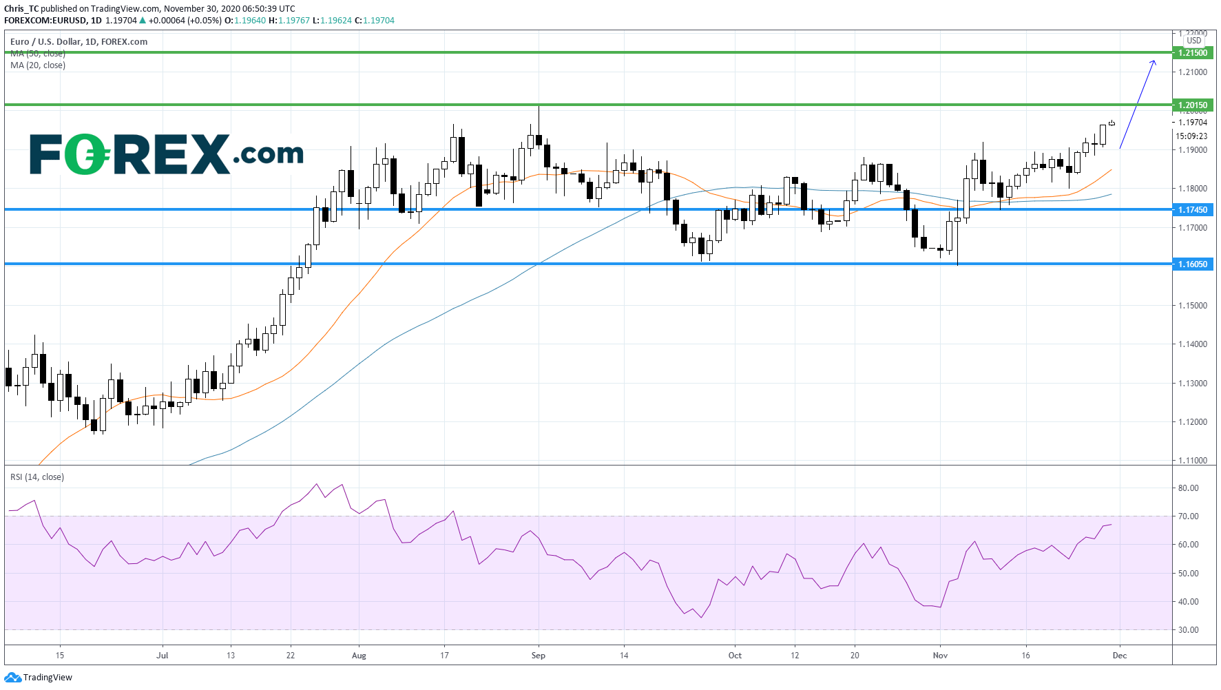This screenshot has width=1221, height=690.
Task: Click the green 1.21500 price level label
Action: (1192, 53)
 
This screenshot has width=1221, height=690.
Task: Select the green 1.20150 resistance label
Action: (1192, 105)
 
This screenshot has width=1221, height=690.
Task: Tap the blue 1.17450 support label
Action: (1192, 210)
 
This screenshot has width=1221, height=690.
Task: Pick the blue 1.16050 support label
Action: (1192, 264)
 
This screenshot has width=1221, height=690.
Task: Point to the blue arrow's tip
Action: (1154, 62)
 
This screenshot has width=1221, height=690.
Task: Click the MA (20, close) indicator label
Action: (38, 65)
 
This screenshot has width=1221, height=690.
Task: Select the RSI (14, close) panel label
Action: (37, 477)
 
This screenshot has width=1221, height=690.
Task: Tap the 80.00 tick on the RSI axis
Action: (1188, 488)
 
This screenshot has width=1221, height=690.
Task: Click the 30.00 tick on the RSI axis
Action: (1188, 630)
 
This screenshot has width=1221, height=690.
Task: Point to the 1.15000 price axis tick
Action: (1192, 306)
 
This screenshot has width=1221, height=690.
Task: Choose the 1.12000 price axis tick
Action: (1192, 422)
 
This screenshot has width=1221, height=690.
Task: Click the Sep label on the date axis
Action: (539, 656)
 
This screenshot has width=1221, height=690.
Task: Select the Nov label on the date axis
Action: (940, 656)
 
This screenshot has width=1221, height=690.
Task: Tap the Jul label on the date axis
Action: (163, 656)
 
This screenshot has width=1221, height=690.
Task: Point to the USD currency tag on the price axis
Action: (1194, 41)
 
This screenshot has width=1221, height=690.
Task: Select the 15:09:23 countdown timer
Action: (1191, 136)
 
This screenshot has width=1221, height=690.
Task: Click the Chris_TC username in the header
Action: (21, 9)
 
